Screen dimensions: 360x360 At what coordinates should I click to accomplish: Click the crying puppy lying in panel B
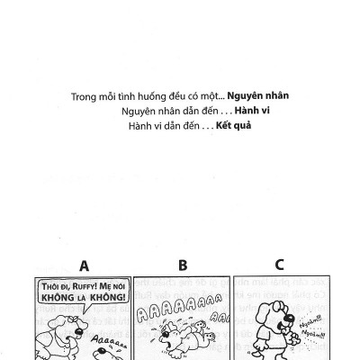(x=180, y=342)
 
